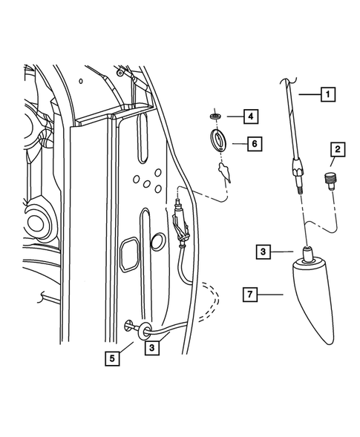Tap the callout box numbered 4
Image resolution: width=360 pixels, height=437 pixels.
[251, 116]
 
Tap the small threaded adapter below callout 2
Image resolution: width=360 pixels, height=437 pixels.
[331, 180]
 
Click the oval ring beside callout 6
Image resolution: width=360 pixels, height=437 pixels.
[220, 139]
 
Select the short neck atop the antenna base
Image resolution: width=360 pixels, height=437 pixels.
[308, 254]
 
